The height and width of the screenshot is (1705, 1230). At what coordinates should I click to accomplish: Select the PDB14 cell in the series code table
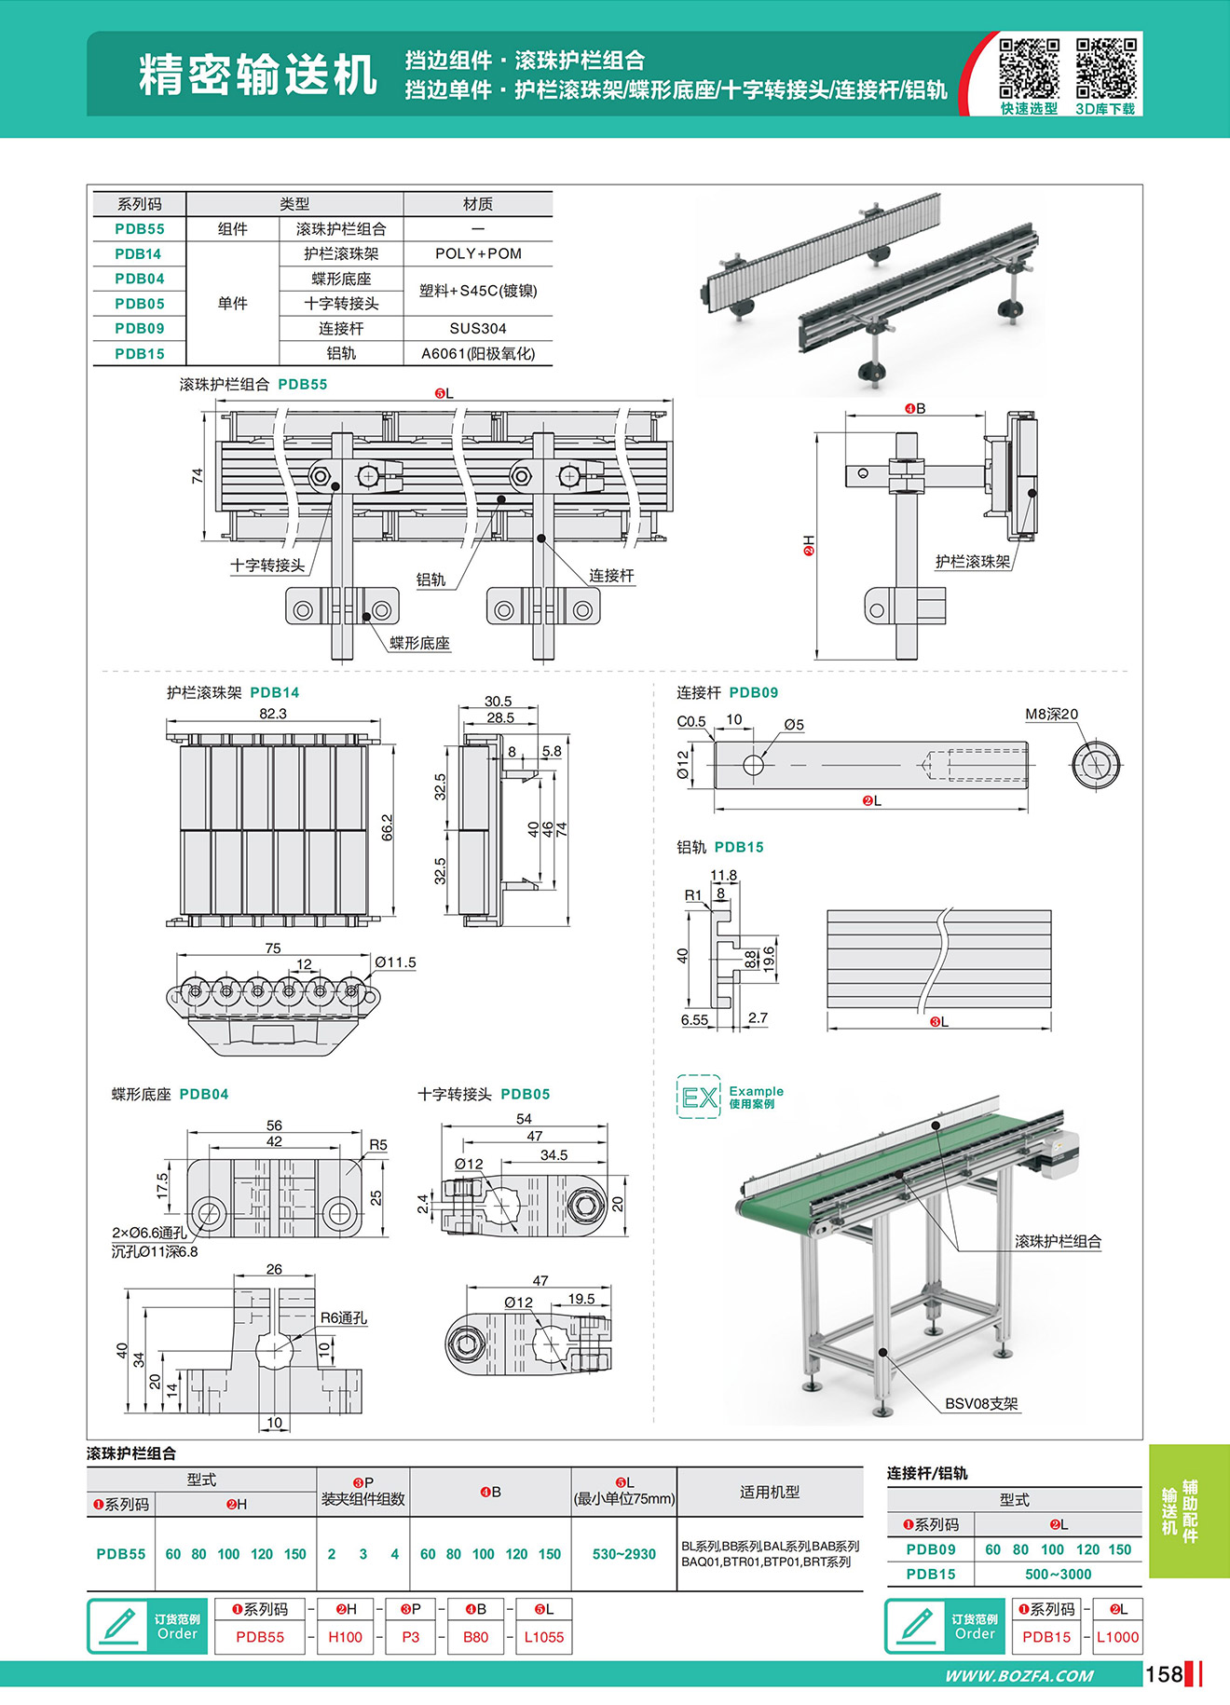point(139,253)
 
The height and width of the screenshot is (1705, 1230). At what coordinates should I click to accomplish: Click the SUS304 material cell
point(478,328)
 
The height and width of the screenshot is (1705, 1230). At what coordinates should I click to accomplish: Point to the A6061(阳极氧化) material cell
point(478,353)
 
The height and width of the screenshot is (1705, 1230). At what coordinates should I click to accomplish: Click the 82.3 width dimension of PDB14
point(273,714)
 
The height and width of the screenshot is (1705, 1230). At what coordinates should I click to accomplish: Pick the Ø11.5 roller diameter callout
point(395,962)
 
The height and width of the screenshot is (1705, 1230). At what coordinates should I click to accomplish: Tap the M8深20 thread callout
point(1051,715)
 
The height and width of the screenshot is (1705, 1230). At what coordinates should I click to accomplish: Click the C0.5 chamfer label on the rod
point(690,721)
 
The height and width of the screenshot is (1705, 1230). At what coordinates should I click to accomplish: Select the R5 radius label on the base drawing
point(377,1144)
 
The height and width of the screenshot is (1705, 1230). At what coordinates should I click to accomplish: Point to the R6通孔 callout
point(344,1318)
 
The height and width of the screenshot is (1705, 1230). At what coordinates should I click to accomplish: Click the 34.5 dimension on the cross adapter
point(553,1155)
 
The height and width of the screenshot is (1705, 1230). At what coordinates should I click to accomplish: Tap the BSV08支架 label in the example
point(981,1403)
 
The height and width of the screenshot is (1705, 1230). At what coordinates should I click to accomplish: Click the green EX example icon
point(699,1097)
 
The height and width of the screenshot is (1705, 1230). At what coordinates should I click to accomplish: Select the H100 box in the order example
point(345,1637)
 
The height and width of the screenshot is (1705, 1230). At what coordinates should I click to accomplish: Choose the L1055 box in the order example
point(543,1637)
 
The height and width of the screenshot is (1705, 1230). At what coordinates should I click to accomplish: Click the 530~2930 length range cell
point(624,1554)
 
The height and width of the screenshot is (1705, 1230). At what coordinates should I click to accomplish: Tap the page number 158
point(1164,1674)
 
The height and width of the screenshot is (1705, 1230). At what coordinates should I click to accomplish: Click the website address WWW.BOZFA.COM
point(1019,1675)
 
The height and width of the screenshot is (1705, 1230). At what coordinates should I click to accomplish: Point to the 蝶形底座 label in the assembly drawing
point(419,643)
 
